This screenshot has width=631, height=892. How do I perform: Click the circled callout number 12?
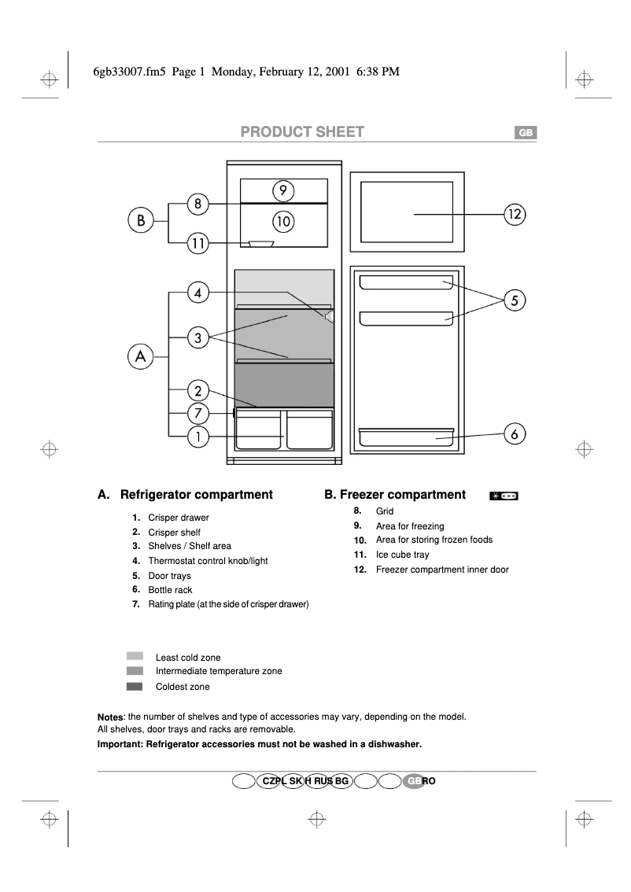click(x=515, y=213)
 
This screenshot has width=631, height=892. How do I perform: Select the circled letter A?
click(x=141, y=357)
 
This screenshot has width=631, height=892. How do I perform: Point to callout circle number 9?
click(x=283, y=190)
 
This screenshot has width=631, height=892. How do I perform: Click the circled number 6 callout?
click(x=515, y=433)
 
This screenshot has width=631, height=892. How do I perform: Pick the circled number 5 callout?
click(x=515, y=300)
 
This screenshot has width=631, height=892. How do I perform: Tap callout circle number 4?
click(x=198, y=293)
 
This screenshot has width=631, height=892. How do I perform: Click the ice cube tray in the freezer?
click(x=260, y=244)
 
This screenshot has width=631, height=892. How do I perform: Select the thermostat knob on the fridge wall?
click(x=328, y=316)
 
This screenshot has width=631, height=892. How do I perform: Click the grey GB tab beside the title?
click(x=526, y=133)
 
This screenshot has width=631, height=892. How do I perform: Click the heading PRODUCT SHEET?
click(x=302, y=132)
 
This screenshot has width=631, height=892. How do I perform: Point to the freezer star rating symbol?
click(x=504, y=496)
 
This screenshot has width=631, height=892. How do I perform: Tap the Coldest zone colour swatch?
click(x=135, y=687)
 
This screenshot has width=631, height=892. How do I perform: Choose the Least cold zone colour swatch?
click(x=135, y=656)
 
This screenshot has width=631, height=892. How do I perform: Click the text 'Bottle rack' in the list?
click(x=170, y=590)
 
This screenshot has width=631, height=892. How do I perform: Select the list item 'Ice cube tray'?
click(x=402, y=555)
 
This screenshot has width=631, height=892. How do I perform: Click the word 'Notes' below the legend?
click(x=110, y=717)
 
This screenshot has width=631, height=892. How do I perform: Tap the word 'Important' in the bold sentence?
click(x=120, y=743)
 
